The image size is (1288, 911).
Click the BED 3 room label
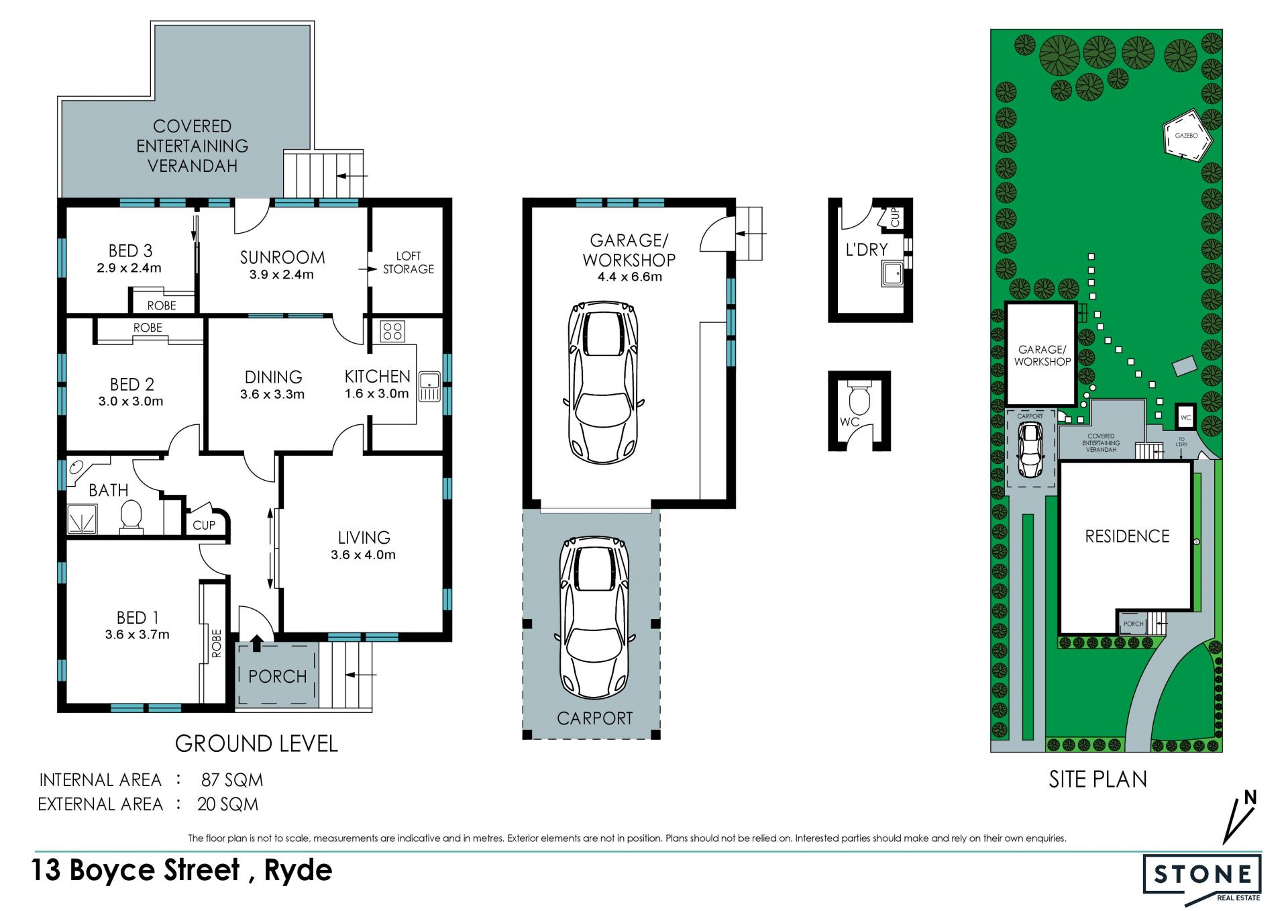pos(131,250)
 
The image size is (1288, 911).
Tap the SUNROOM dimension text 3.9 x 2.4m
pos(282,275)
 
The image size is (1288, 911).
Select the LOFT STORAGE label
pos(409,262)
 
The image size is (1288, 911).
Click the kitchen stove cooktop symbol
pos(392,331)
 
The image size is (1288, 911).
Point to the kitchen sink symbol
pos(429,386)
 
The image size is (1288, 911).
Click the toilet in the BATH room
pos(131,517)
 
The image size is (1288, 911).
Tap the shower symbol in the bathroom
pos(82,519)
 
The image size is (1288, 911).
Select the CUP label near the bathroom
pos(204,525)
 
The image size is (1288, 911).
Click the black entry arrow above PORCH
pos(257,643)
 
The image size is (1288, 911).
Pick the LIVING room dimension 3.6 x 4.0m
pos(363,555)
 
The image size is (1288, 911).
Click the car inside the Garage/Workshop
pos(602,383)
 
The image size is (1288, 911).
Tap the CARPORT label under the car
pos(595,718)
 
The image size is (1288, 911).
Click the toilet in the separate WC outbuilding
pos(859,397)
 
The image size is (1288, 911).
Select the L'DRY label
pos(866,250)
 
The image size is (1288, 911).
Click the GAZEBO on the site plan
pos(1187,136)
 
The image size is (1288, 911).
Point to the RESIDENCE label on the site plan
pos(1127,536)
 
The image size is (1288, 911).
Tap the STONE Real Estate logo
pos(1202,879)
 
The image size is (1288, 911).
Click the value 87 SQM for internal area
pos(232,780)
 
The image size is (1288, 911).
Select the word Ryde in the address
pos(298,871)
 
